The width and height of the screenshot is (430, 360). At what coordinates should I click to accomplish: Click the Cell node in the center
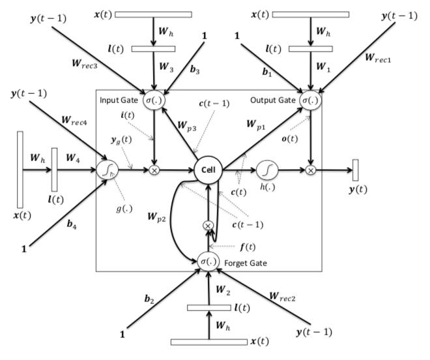[208, 171]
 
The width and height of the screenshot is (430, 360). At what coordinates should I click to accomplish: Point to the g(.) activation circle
[106, 171]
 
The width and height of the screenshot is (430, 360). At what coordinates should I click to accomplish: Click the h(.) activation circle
[267, 171]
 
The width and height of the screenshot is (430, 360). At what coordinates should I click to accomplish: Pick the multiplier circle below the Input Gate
[154, 171]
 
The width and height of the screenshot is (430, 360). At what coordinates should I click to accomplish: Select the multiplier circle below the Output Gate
[311, 171]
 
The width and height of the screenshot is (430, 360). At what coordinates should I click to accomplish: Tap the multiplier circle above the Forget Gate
[208, 225]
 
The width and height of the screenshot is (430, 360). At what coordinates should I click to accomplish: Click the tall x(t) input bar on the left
[20, 170]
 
